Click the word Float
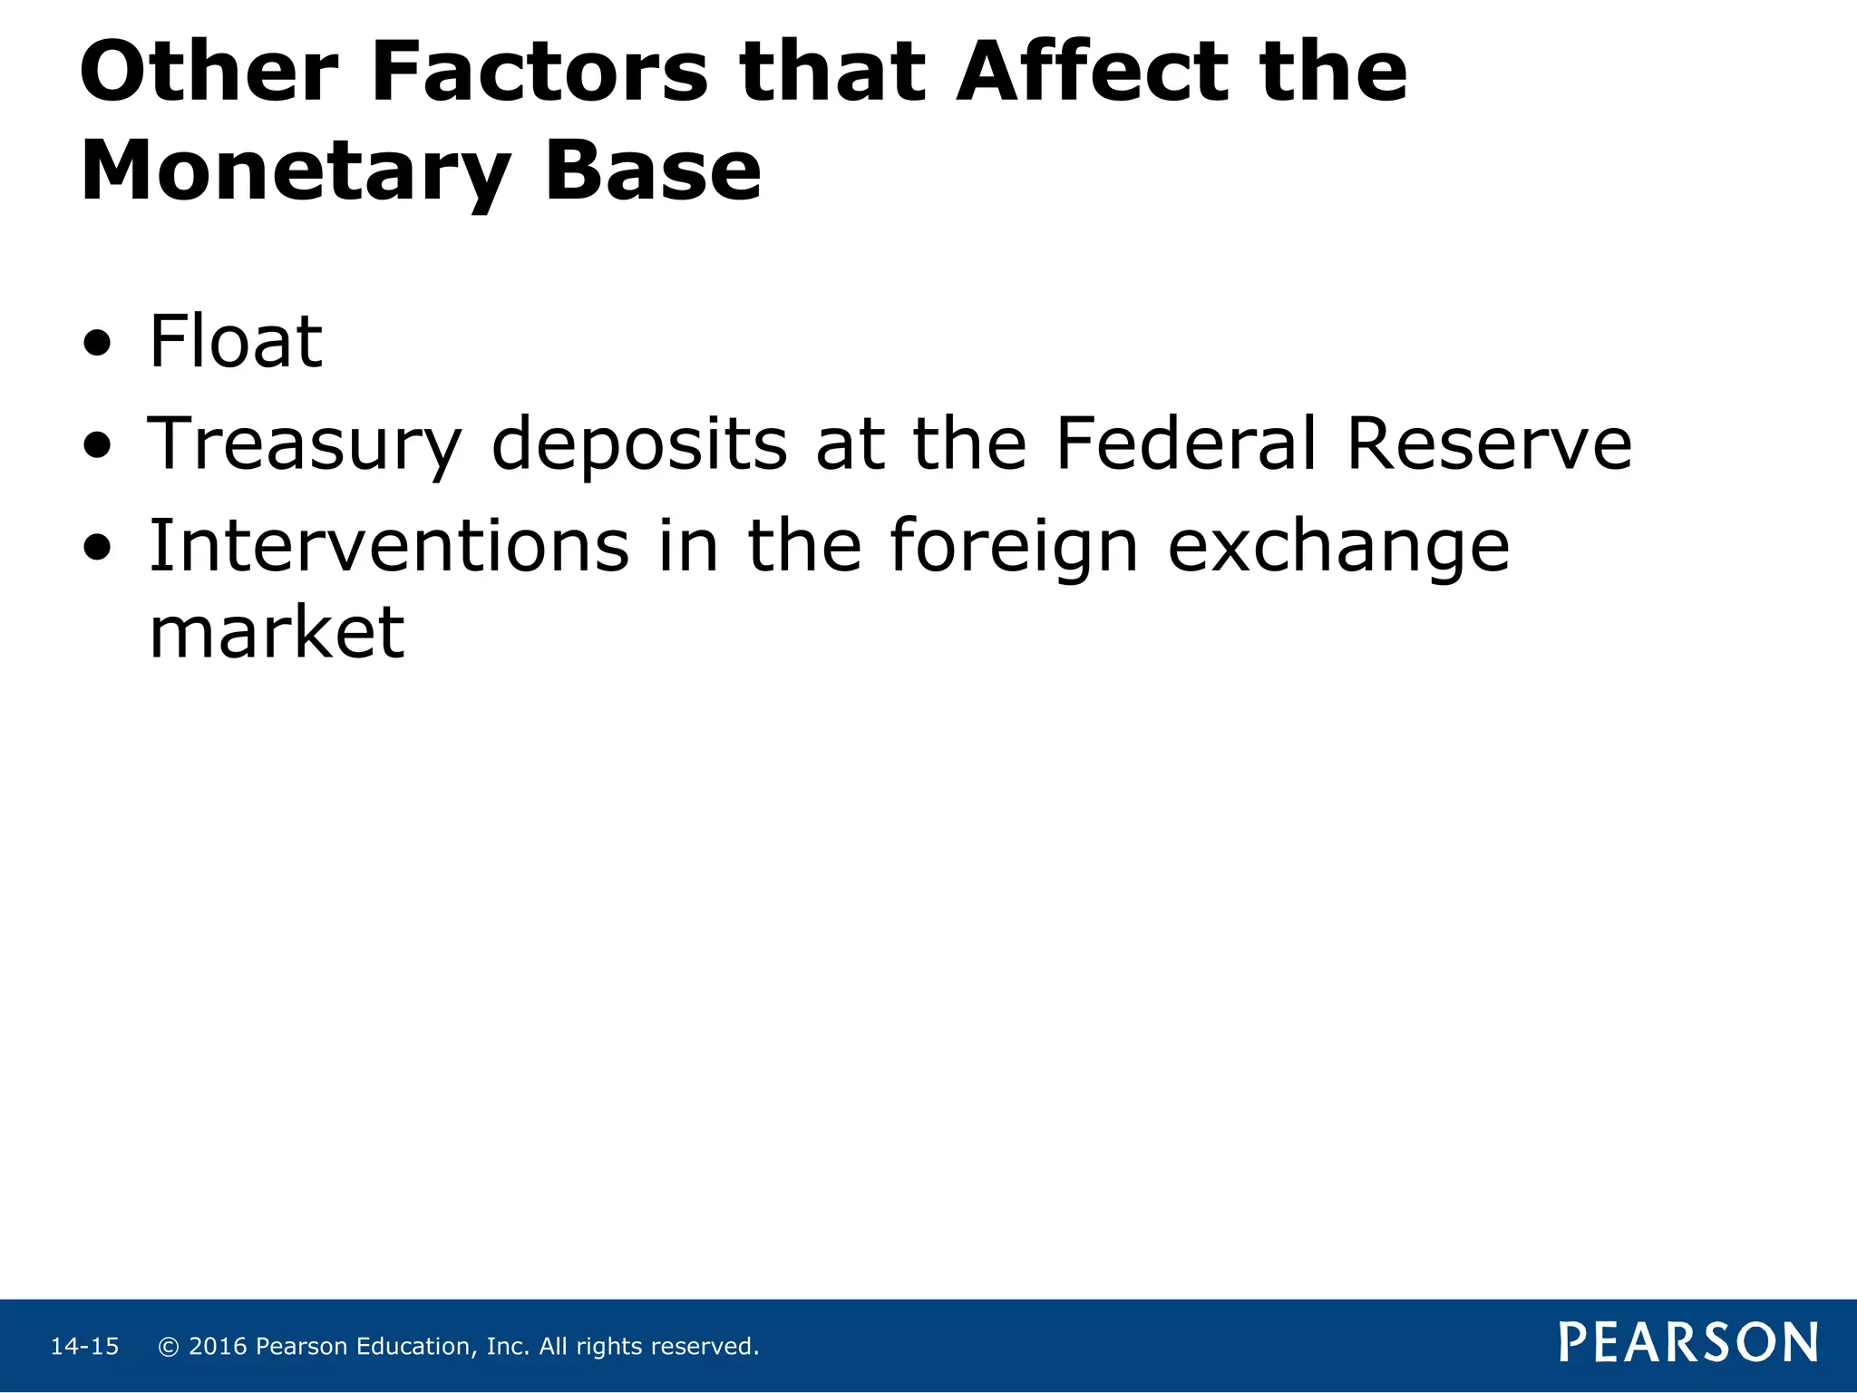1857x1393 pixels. (x=235, y=342)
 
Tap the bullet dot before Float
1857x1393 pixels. (x=96, y=345)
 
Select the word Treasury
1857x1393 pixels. (x=305, y=444)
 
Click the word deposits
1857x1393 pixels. (x=639, y=444)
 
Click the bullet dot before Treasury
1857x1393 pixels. (x=96, y=446)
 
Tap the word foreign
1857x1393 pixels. (x=1013, y=547)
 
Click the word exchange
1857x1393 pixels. (x=1338, y=547)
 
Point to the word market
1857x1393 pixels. (x=277, y=632)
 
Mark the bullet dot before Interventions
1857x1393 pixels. (x=96, y=548)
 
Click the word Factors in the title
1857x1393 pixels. (x=540, y=72)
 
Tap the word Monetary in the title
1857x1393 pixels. (x=296, y=172)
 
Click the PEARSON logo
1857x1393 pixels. (x=1688, y=1342)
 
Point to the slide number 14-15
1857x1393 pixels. (x=84, y=1347)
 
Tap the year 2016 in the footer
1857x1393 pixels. (x=218, y=1347)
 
